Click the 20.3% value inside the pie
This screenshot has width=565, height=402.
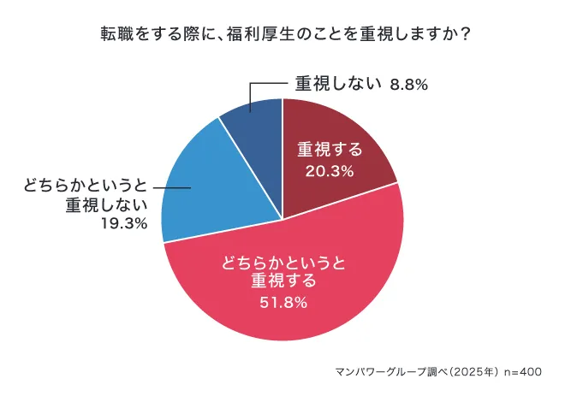pyautogui.click(x=330, y=171)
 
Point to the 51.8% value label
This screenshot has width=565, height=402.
pyautogui.click(x=283, y=301)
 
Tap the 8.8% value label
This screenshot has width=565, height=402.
pyautogui.click(x=408, y=84)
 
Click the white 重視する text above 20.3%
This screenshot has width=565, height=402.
pyautogui.click(x=330, y=149)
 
